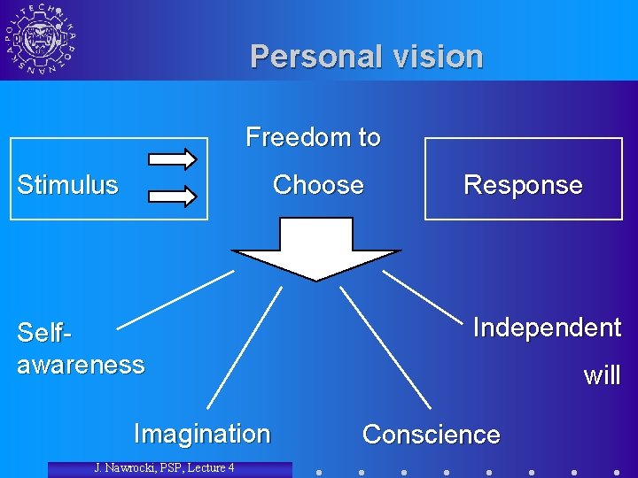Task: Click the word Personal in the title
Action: click(305, 57)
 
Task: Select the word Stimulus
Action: click(67, 185)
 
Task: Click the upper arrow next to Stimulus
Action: click(172, 159)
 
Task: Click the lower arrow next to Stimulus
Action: click(172, 195)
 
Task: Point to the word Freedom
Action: click(290, 137)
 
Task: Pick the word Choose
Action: click(318, 185)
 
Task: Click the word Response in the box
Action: click(523, 185)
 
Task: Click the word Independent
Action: click(547, 328)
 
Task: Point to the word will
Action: click(602, 375)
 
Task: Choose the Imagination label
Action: click(201, 434)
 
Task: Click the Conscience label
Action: click(431, 435)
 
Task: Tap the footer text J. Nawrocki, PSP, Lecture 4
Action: click(165, 467)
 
